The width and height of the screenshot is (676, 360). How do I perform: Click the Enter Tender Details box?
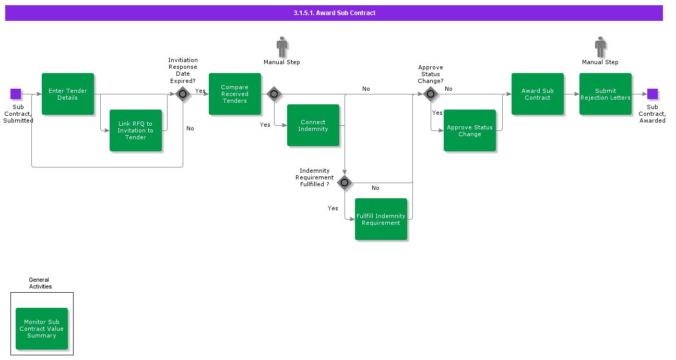68,94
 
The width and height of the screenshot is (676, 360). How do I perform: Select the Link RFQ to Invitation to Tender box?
136,130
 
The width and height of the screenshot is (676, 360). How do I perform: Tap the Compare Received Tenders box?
235,94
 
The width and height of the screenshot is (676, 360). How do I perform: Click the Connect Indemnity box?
313,125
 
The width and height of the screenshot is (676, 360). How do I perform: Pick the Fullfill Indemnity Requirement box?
381,219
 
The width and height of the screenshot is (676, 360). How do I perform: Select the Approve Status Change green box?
470,130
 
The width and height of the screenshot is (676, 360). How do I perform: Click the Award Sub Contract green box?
538,94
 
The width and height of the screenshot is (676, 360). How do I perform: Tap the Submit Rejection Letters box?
606,94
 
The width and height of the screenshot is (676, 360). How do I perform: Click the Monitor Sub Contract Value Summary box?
42,329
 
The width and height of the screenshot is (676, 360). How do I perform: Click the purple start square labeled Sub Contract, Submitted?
16,94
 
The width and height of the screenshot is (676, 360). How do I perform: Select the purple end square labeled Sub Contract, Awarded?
653,94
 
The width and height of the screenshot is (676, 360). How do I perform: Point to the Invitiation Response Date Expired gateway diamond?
183,94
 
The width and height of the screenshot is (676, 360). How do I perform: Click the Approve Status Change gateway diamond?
431,94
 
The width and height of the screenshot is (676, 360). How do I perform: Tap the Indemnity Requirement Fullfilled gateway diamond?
345,183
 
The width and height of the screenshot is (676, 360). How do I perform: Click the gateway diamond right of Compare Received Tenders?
274,94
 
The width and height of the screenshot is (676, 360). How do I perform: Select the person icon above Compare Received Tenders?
282,47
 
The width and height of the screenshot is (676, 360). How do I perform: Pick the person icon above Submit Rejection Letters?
600,47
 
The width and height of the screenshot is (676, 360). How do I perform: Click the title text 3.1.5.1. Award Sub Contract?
334,13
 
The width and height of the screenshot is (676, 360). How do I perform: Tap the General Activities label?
40,283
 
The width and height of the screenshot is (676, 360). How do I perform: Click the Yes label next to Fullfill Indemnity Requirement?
333,208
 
